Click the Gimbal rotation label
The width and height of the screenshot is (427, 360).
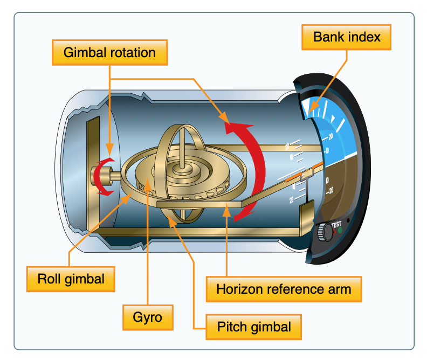(109, 52)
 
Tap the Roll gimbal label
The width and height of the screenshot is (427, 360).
(71, 279)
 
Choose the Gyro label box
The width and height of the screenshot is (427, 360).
(147, 317)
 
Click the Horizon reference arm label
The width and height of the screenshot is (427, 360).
(284, 289)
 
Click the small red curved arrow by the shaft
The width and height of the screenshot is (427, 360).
(103, 176)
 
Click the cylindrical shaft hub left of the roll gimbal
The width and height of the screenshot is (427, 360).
(100, 176)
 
